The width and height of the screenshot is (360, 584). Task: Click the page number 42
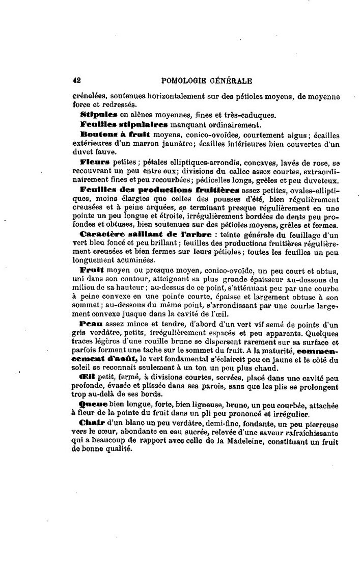click(77, 79)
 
